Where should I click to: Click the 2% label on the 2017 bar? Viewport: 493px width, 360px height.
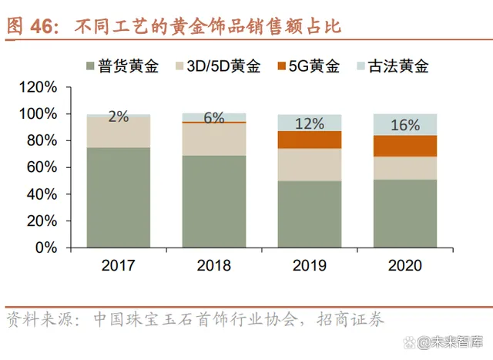119,117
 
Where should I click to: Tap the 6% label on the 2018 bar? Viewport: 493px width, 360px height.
213,118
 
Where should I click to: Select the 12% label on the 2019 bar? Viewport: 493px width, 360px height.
309,123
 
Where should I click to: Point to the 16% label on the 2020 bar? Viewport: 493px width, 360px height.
404,125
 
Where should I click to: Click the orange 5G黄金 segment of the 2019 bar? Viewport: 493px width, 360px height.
309,140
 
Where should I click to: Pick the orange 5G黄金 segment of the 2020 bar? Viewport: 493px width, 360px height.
404,146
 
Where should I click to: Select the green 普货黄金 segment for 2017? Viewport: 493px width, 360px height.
119,197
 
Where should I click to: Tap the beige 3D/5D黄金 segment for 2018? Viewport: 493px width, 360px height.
213,139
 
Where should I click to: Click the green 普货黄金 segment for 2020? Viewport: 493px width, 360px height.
404,214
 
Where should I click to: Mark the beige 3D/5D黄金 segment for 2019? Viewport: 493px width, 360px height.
309,164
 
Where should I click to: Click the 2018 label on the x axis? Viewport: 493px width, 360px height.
213,266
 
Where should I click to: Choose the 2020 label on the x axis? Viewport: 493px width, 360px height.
404,266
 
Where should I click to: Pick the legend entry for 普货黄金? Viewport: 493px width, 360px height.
120,66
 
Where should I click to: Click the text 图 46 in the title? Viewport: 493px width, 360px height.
32,25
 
